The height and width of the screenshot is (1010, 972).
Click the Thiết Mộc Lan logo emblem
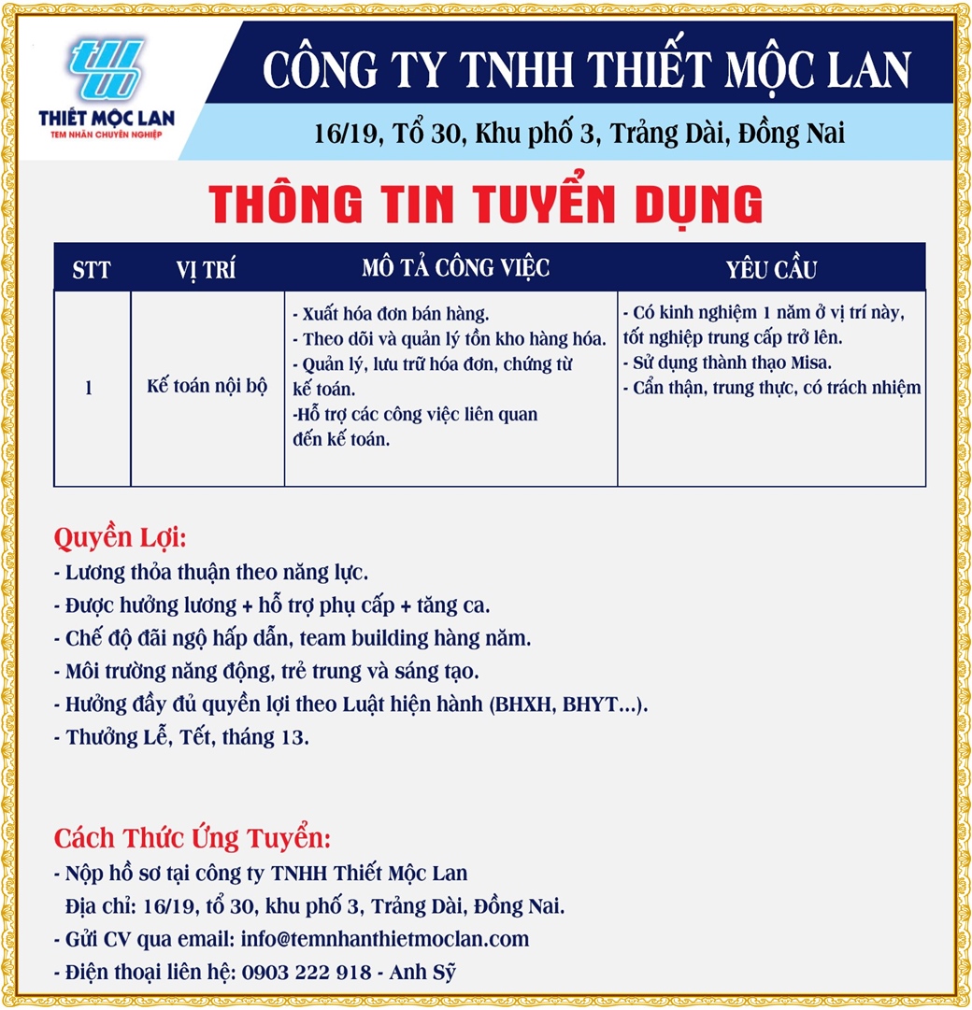pyautogui.click(x=104, y=71)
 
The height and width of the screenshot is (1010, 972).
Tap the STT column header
pyautogui.click(x=92, y=271)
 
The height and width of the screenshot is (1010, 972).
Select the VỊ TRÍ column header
pyautogui.click(x=206, y=271)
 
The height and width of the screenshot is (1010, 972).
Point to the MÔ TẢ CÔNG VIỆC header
pyautogui.click(x=455, y=269)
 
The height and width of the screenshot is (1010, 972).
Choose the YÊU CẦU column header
pyautogui.click(x=771, y=271)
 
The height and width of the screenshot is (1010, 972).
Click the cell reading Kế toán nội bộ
pyautogui.click(x=207, y=387)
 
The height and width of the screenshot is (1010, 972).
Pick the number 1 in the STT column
pyautogui.click(x=89, y=387)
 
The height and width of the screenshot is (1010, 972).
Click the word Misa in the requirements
pyautogui.click(x=811, y=363)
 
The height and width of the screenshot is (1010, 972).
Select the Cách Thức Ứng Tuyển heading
pyautogui.click(x=192, y=836)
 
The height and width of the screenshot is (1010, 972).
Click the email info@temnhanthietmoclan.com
pyautogui.click(x=384, y=939)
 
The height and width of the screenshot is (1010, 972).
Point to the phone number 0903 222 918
pyautogui.click(x=306, y=972)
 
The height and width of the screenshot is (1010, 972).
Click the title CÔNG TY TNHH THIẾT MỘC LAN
pyautogui.click(x=586, y=70)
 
